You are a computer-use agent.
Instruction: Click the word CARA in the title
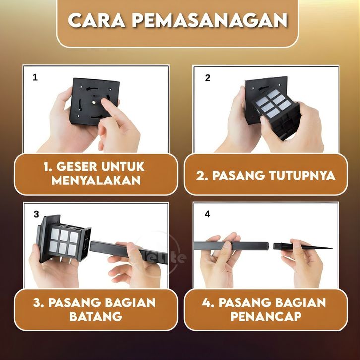pos(97,20)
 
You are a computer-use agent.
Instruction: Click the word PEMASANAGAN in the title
pos(210,20)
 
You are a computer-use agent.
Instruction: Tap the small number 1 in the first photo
pos(35,77)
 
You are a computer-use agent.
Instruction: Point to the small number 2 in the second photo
pos(208,78)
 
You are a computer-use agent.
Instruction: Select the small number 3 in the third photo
pos(36,214)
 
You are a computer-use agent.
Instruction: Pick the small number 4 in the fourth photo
pos(207,214)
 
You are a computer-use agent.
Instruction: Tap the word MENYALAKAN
pos(96,180)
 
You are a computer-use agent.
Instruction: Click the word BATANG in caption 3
pos(96,316)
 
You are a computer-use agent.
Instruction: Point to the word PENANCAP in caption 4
pos(266,316)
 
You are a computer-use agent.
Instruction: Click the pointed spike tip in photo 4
pos(332,248)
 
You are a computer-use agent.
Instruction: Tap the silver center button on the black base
pos(94,102)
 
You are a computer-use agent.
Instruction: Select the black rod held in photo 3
pos(127,252)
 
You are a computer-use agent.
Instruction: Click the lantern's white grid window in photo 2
pos(274,103)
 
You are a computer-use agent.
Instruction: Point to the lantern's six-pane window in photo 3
pos(64,240)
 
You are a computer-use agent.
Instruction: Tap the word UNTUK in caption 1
pos(123,166)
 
